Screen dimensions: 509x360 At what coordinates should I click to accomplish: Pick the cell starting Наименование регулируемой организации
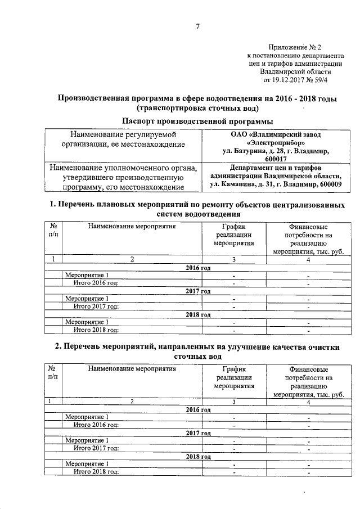tap(123, 139)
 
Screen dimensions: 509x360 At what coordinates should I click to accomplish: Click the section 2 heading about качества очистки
tap(197, 352)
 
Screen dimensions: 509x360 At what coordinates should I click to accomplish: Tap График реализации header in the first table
tap(233, 235)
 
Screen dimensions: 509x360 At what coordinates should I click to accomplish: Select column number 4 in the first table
tap(308, 259)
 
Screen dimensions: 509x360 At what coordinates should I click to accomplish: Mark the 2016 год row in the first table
tap(197, 268)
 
